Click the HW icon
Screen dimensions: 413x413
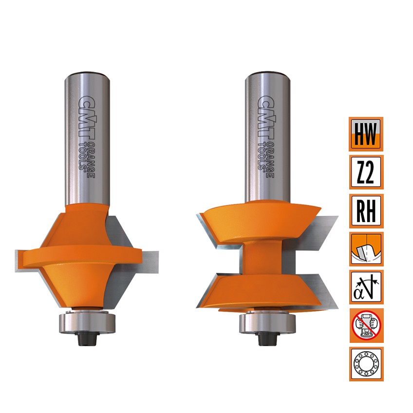point(366,134)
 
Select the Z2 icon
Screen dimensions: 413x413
point(366,172)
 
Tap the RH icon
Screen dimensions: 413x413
point(366,211)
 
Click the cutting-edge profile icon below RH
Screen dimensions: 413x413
point(366,249)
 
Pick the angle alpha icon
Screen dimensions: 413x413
point(366,287)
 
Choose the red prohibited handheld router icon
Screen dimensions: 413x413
point(366,325)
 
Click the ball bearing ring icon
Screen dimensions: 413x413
point(366,364)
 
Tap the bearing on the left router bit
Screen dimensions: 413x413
point(87,322)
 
